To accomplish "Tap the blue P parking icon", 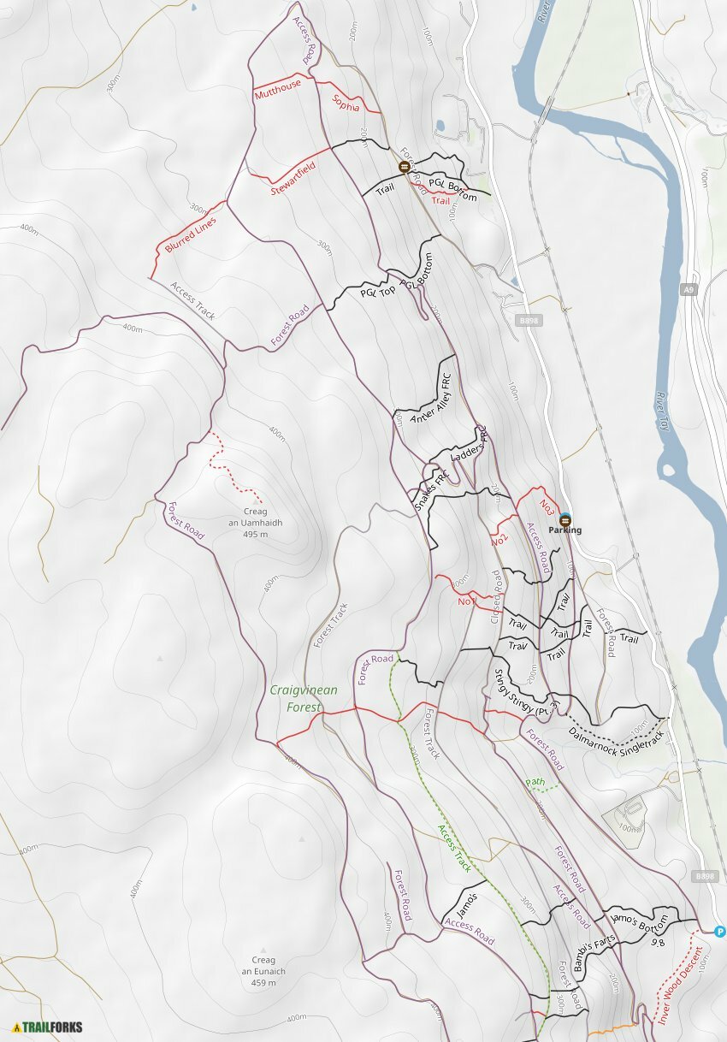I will pyautogui.click(x=719, y=931).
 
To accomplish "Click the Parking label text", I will pyautogui.click(x=565, y=530).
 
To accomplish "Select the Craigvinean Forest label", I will pyautogui.click(x=303, y=698).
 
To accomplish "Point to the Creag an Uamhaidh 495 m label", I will pyautogui.click(x=256, y=523).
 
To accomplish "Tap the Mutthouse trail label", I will pyautogui.click(x=278, y=88).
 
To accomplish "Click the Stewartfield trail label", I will pyautogui.click(x=293, y=179).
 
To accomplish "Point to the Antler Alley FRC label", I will pyautogui.click(x=430, y=394).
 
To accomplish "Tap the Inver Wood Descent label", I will pyautogui.click(x=680, y=985).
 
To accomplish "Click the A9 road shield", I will pyautogui.click(x=689, y=291).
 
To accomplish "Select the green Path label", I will pyautogui.click(x=535, y=782).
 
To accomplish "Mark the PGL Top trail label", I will pyautogui.click(x=377, y=292).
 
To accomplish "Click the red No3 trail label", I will pyautogui.click(x=548, y=505).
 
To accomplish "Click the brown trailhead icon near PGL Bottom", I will pyautogui.click(x=404, y=167).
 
